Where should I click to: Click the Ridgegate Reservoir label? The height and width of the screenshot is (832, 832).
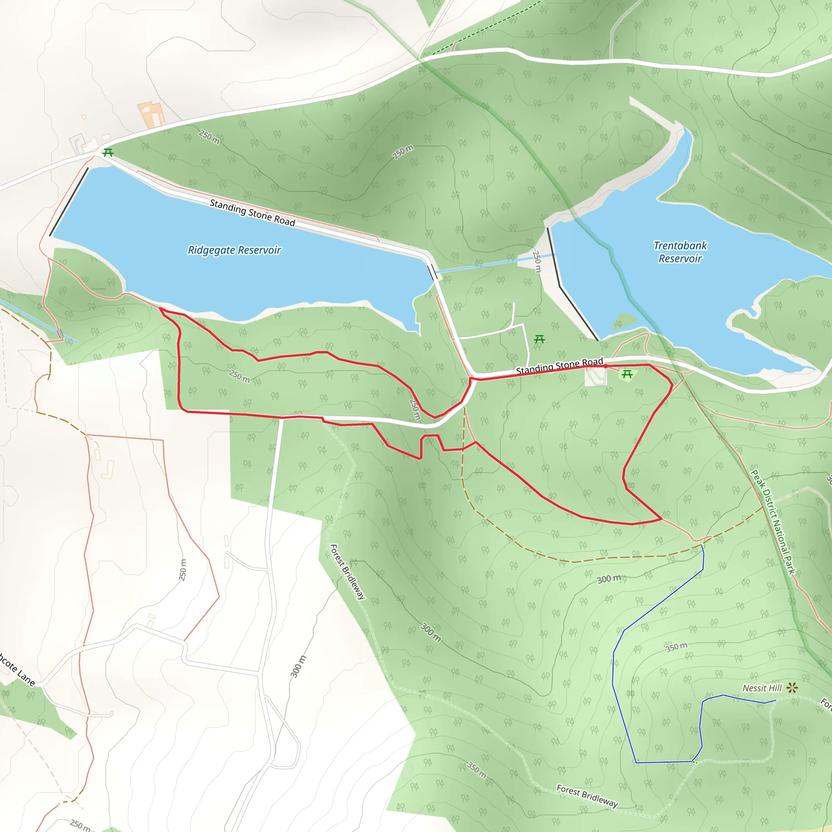tap(234, 250)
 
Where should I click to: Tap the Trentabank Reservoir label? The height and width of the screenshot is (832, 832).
tap(680, 252)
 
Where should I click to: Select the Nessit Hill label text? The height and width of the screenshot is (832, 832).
tap(762, 688)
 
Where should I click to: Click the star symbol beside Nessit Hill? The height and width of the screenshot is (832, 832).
tap(792, 688)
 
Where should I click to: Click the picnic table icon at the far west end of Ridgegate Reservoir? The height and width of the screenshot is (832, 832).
tap(108, 152)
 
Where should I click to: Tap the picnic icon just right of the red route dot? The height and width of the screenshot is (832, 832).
tap(627, 374)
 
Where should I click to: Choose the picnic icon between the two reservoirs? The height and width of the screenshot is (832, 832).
tap(539, 339)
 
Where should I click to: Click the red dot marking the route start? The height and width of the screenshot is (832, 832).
tap(605, 366)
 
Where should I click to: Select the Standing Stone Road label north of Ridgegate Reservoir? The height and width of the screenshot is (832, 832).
tap(252, 213)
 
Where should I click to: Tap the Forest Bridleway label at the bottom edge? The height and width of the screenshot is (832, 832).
tap(587, 795)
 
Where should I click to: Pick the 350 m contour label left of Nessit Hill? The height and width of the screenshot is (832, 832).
tap(676, 647)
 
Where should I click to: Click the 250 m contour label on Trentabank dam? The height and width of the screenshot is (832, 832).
tap(537, 261)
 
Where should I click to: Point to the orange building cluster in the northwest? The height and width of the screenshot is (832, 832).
tap(152, 114)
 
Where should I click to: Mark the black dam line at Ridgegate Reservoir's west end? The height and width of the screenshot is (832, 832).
tap(69, 201)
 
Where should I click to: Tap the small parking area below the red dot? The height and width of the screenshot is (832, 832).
tap(596, 377)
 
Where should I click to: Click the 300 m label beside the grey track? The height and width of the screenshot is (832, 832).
tap(298, 666)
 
